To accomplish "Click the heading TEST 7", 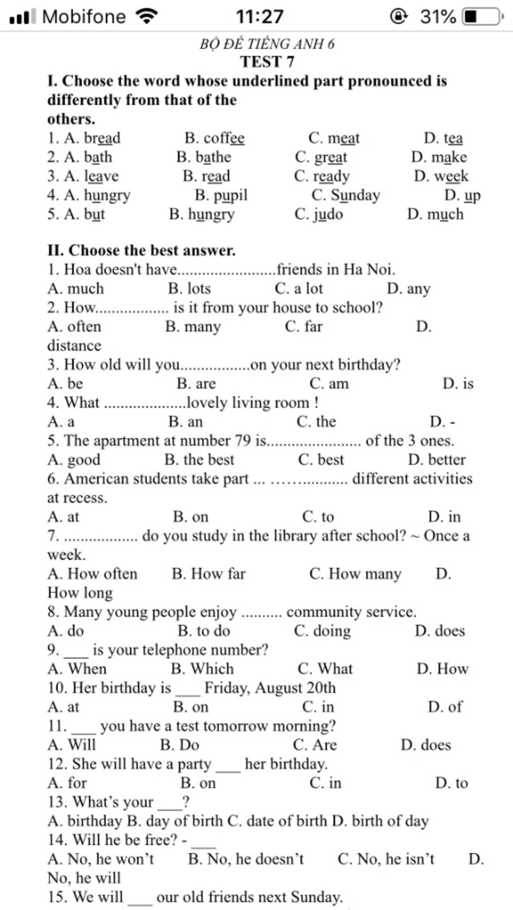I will coord(267,62).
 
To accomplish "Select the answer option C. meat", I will coord(334,138).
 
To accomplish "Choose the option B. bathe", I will coord(203,157).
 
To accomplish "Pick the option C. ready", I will coord(322,176).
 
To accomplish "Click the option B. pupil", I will coord(221,195).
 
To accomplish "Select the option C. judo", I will coord(319,214).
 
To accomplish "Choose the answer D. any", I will coord(408,289).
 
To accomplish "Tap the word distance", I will coord(74,346).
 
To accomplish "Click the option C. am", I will coord(329,384).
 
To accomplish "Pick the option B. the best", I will coord(199,460).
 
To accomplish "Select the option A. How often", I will coord(92,574).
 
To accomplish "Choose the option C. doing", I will coord(322,631).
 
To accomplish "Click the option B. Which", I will coord(202,669).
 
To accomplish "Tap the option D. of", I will coord(445,707).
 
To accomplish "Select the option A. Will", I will coord(72,745).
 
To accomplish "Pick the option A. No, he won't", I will coord(101,859).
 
